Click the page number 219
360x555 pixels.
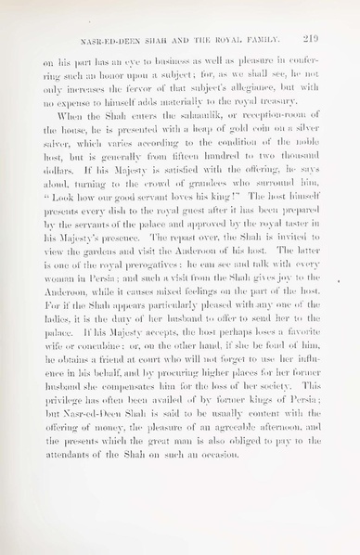click(311, 39)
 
